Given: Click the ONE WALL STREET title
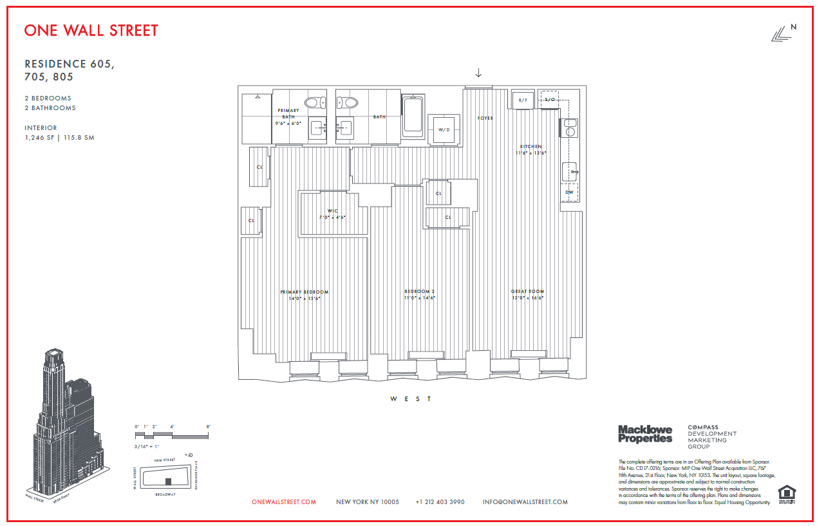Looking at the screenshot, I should (x=91, y=30).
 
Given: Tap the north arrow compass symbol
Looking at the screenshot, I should (x=783, y=33).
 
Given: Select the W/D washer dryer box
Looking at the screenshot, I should (x=444, y=129).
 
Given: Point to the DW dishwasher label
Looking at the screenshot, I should (x=569, y=192).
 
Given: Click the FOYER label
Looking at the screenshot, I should (x=485, y=118).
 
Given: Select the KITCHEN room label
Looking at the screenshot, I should (x=531, y=147).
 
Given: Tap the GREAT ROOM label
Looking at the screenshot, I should (x=527, y=292).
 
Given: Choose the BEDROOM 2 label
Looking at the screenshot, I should (x=420, y=292).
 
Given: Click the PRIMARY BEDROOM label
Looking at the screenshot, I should (x=304, y=292).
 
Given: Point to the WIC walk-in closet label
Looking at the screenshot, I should (x=332, y=211).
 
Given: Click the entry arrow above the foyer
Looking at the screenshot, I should (x=478, y=72).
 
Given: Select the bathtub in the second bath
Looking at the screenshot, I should (x=413, y=116).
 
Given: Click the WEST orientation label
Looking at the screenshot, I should (x=411, y=399).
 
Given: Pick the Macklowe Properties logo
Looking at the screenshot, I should (x=644, y=434).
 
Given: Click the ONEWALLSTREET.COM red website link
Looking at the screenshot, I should (x=284, y=502).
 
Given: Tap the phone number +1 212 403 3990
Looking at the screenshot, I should (x=440, y=502).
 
